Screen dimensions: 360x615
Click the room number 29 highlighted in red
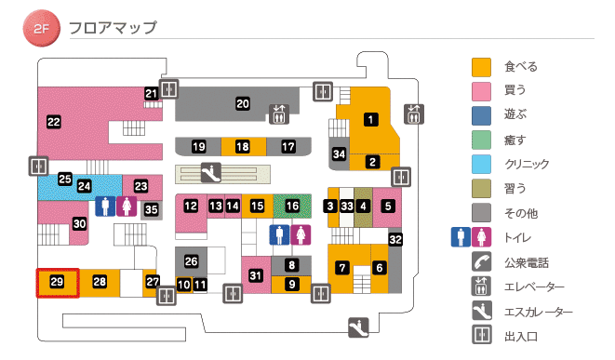coord(56,281)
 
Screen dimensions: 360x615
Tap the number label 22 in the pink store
coord(54,121)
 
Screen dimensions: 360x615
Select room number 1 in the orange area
coord(370,119)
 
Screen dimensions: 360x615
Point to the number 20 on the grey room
coord(242,104)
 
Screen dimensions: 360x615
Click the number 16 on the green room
coord(293,206)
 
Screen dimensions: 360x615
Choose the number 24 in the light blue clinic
coord(85,186)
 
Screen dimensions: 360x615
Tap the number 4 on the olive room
coord(364,206)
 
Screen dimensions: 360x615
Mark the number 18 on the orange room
coord(242,147)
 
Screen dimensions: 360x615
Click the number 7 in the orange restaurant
coord(342,268)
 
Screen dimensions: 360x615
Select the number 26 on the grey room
coord(192,261)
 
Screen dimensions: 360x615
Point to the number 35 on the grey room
coord(151,209)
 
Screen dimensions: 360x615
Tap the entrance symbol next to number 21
coord(168,88)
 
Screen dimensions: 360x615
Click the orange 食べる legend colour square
coord(481,67)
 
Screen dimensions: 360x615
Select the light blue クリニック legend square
coord(481,164)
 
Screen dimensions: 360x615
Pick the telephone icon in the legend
coord(481,261)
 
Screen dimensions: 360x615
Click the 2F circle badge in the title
coord(41,28)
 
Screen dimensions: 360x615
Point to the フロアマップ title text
coord(113,28)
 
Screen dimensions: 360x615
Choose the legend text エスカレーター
coord(539,312)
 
